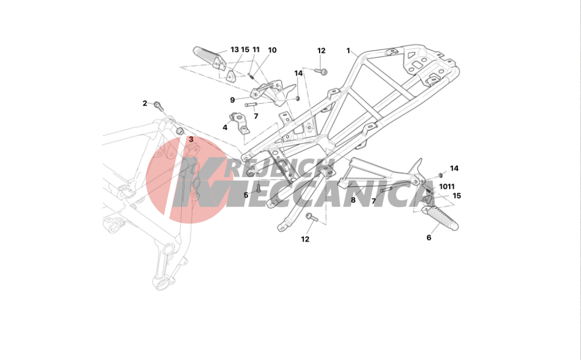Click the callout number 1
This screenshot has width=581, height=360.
tap(348, 51)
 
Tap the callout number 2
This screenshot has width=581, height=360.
tap(145, 103)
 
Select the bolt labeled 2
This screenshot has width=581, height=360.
tap(159, 106)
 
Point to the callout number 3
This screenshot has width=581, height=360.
tap(191, 139)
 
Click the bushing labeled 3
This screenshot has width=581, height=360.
tap(180, 131)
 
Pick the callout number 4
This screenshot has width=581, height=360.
tap(225, 128)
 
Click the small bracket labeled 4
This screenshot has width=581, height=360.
tap(239, 123)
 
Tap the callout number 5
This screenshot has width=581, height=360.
tap(246, 195)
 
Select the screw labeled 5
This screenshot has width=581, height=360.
tap(259, 188)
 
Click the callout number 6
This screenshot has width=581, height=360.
tap(429, 238)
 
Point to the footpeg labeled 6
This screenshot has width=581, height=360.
tap(439, 218)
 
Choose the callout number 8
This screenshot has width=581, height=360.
tap(353, 200)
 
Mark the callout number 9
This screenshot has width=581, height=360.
tap(232, 100)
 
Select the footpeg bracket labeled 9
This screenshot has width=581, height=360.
tap(274, 92)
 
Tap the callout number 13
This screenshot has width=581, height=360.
tap(235, 49)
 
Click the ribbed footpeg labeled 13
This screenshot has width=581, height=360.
tap(210, 58)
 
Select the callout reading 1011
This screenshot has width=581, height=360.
tap(447, 186)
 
